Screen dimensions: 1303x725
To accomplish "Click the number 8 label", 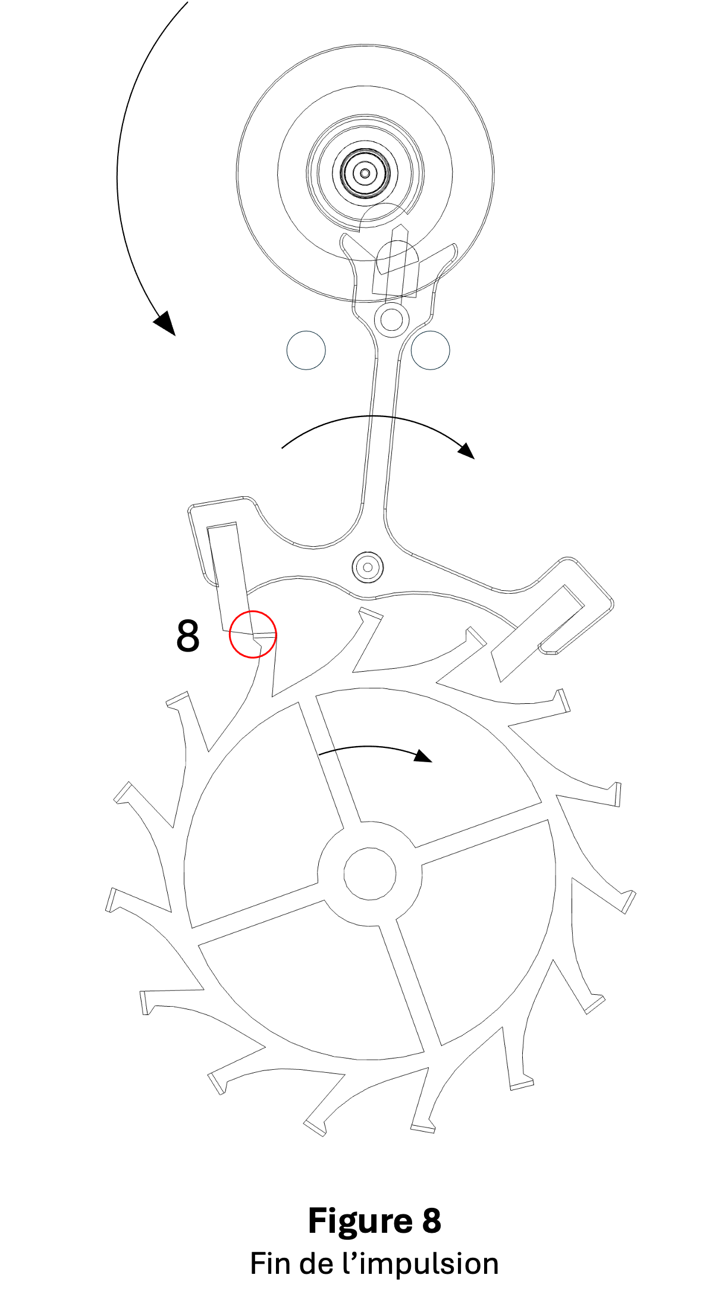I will [x=188, y=636].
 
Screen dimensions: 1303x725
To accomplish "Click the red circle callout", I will [x=253, y=634].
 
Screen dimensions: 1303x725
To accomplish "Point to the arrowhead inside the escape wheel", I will [x=423, y=756].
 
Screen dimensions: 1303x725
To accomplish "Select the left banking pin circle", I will [x=306, y=350].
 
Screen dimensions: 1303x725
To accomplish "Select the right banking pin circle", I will [x=431, y=350].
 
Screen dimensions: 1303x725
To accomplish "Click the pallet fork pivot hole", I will [x=368, y=567].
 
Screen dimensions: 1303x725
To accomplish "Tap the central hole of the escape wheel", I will [x=369, y=874].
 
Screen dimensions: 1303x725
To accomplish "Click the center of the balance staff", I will [x=365, y=173].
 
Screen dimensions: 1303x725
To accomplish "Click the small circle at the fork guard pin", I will [x=391, y=320].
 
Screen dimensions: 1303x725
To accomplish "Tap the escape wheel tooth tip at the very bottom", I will [x=423, y=1127].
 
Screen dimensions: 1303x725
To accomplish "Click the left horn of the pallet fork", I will [x=349, y=245].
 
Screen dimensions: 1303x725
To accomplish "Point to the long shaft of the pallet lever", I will [x=381, y=428].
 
